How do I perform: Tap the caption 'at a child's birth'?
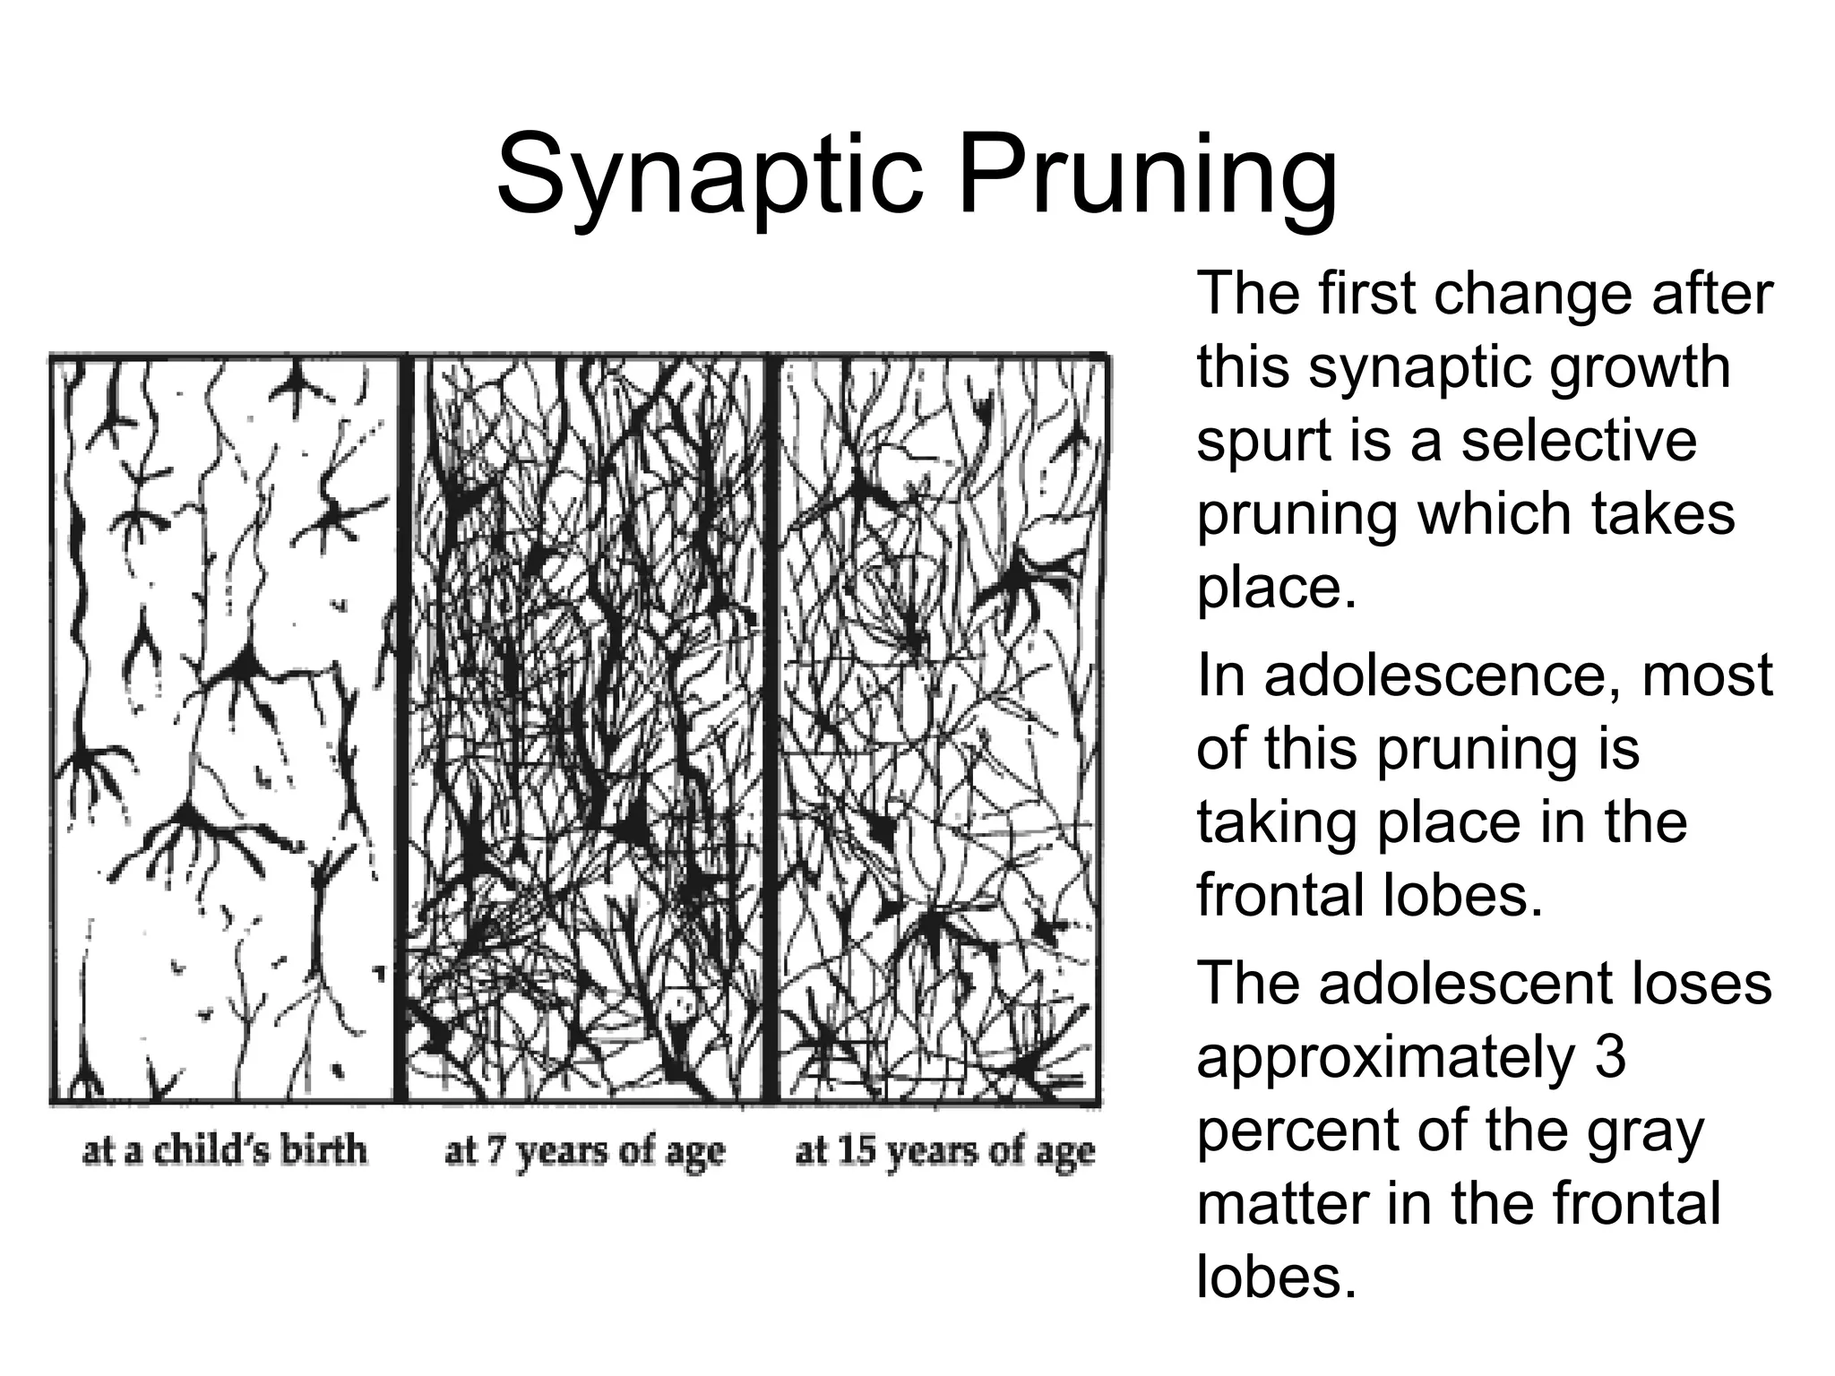pos(225,1150)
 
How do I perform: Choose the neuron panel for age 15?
pos(939,727)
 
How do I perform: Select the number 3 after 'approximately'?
pos(1610,1057)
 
